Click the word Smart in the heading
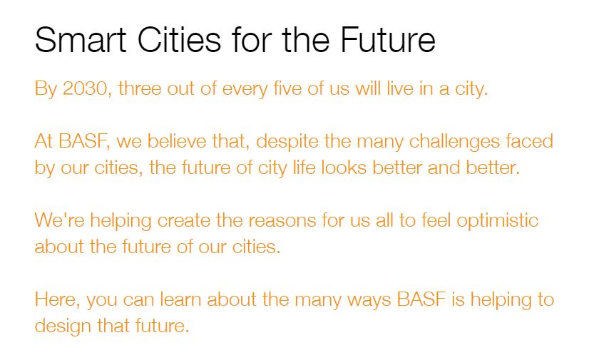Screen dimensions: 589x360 (x=81, y=40)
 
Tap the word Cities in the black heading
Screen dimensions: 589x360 (x=179, y=40)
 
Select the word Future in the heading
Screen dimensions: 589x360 (x=388, y=40)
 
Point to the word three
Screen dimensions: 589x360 (x=140, y=88)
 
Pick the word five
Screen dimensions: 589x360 (x=287, y=88)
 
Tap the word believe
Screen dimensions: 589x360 (x=176, y=142)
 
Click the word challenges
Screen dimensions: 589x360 (x=454, y=143)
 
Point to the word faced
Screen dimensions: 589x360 (x=529, y=142)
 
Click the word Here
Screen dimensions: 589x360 (x=57, y=300)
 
